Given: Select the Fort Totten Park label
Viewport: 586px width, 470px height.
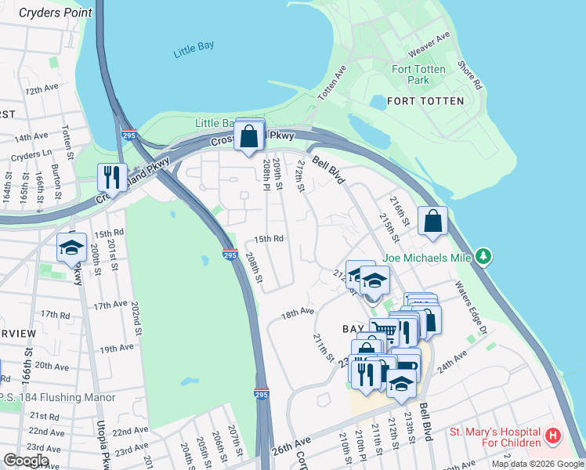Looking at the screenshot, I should (x=419, y=74).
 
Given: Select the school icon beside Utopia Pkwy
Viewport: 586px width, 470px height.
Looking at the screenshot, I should (x=71, y=248).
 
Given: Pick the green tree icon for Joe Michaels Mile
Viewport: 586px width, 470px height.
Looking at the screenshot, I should (x=485, y=256).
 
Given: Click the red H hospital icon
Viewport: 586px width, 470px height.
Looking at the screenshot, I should (x=553, y=435).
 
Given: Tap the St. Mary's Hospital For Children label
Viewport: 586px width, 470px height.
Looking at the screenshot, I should (x=495, y=438).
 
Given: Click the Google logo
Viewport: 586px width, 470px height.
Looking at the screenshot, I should (x=26, y=461).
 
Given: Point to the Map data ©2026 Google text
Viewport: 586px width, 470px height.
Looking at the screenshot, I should (x=537, y=464).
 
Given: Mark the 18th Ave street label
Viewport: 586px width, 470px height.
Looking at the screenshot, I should (x=298, y=313).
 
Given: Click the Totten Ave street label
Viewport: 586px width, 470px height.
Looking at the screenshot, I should (x=331, y=82).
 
